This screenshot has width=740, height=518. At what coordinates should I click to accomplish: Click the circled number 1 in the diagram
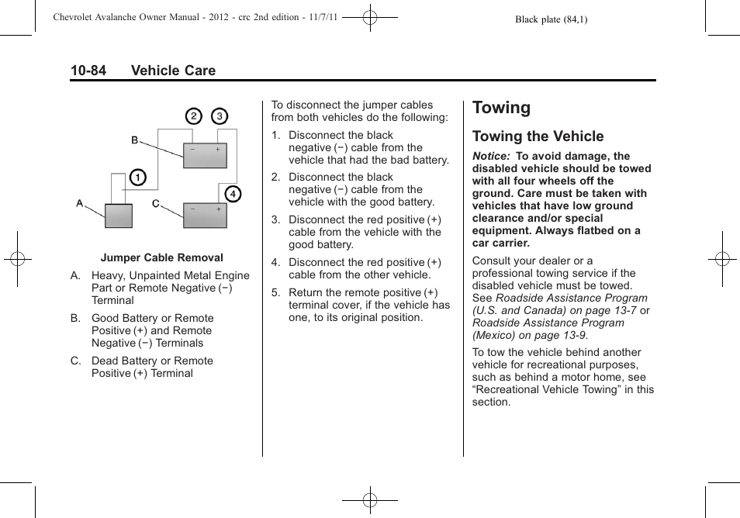point(137,178)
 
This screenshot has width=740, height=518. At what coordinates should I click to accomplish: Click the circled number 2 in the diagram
point(193,116)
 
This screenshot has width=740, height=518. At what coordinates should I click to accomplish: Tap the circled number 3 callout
point(220,116)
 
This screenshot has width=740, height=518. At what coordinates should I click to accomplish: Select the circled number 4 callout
point(233,194)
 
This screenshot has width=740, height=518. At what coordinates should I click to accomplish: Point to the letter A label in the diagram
point(80,203)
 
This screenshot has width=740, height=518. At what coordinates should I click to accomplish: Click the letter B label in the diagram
point(134,140)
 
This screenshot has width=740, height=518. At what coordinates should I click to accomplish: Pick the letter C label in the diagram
point(155,203)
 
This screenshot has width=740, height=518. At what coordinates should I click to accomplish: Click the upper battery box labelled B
point(205,155)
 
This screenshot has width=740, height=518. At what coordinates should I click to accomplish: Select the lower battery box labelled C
point(205,215)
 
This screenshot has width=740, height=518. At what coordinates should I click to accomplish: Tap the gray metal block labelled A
point(119,215)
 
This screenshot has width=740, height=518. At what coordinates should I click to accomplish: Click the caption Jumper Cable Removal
point(161,258)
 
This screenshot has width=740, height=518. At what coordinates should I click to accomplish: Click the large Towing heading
point(501,108)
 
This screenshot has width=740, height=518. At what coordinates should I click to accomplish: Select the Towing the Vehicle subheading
point(538,136)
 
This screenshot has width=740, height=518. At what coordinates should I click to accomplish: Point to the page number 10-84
point(88,71)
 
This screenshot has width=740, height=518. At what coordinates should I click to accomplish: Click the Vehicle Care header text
point(173,71)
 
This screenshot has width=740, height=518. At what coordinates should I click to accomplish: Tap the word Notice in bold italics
point(490,156)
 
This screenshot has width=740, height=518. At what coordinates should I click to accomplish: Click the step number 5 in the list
point(275,293)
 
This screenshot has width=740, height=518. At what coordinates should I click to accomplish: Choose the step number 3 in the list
point(275,220)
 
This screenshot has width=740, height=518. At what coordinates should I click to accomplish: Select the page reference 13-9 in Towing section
point(572,335)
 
